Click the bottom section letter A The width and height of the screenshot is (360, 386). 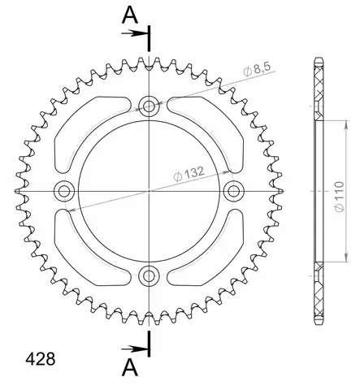[x=128, y=370]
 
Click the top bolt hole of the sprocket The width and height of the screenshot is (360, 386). [x=148, y=105]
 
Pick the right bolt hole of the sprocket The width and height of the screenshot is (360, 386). [x=234, y=191]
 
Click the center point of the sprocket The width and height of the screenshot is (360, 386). [x=148, y=191]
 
